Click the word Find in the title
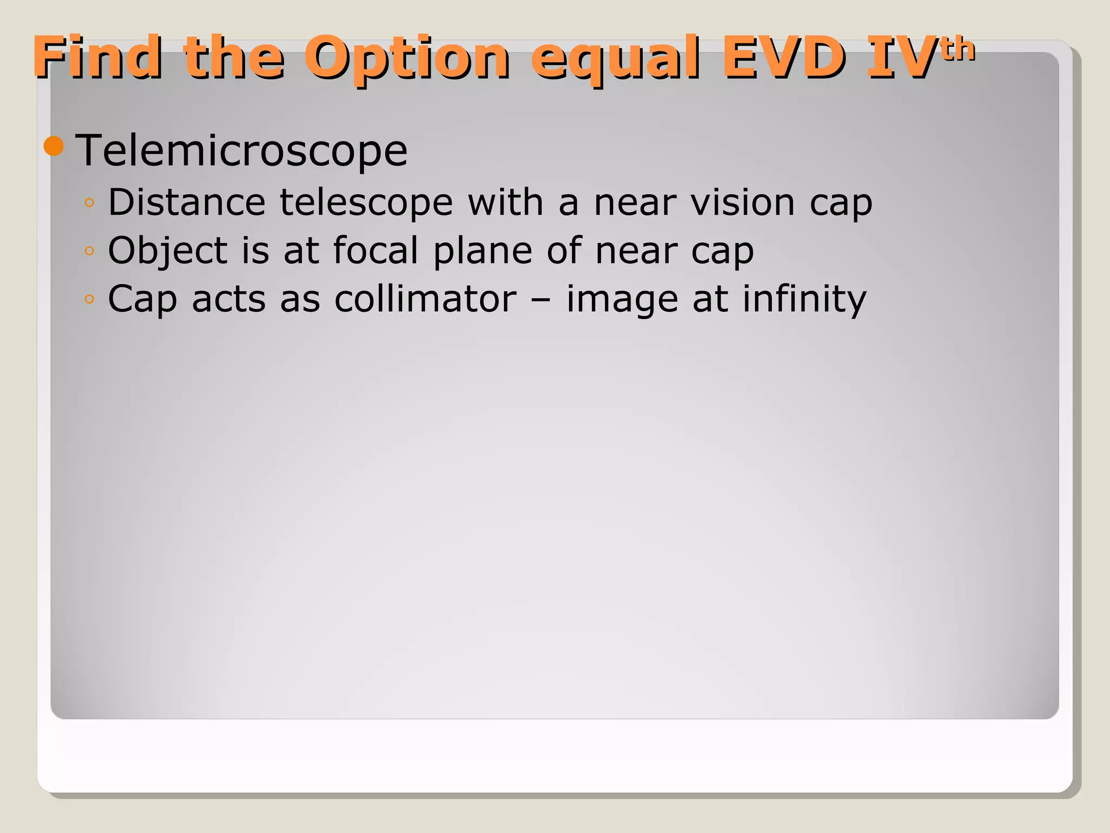click(x=98, y=56)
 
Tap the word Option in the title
click(x=406, y=57)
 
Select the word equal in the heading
click(x=615, y=57)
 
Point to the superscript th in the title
click(x=958, y=49)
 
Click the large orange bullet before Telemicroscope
click(x=54, y=146)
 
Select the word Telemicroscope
click(x=241, y=150)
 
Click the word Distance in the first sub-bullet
click(x=186, y=202)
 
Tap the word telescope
click(x=366, y=203)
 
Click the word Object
click(x=167, y=251)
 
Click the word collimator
click(x=425, y=298)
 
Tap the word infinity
click(x=804, y=299)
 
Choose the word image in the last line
click(x=622, y=299)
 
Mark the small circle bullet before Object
click(x=89, y=251)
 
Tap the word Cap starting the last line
click(x=143, y=299)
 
